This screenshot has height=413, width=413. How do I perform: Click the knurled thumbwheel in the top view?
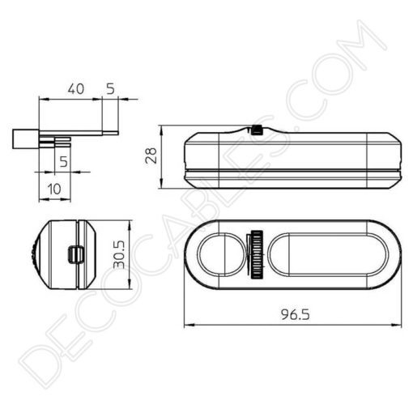[257, 257]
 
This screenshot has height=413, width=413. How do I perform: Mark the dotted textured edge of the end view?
[33, 254]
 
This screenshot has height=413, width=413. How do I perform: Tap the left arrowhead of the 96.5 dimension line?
[187, 326]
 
